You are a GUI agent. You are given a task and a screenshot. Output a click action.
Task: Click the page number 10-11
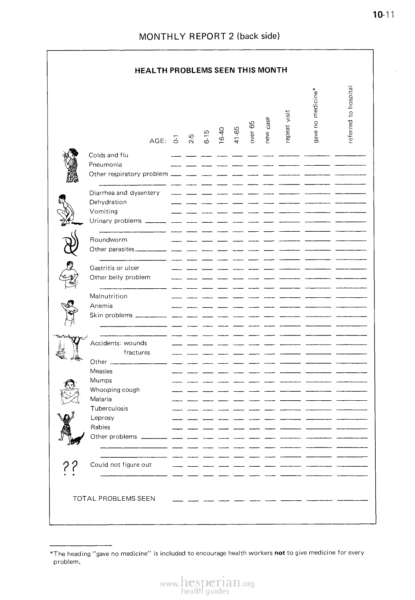click(x=383, y=15)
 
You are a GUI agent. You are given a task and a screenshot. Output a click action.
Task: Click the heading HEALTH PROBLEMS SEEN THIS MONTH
click(x=211, y=70)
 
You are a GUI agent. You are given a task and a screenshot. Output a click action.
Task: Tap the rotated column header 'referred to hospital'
click(x=350, y=114)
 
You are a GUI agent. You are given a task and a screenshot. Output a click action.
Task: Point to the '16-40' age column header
click(x=221, y=135)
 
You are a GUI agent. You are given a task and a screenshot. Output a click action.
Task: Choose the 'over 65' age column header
click(x=252, y=131)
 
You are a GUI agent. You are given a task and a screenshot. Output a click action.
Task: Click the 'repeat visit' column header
click(x=288, y=126)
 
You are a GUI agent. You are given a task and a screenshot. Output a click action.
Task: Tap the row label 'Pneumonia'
click(x=105, y=165)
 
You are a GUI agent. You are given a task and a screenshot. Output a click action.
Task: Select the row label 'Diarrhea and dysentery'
click(x=125, y=193)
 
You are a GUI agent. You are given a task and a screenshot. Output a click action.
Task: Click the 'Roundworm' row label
click(x=109, y=240)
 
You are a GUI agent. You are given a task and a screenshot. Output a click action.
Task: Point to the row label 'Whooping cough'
click(x=115, y=390)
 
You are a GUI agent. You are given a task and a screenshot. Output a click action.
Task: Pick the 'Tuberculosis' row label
click(x=109, y=408)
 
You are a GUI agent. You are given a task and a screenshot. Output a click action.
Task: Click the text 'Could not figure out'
click(x=121, y=465)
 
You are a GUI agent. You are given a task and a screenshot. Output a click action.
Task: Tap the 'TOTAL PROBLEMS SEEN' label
click(x=114, y=499)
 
